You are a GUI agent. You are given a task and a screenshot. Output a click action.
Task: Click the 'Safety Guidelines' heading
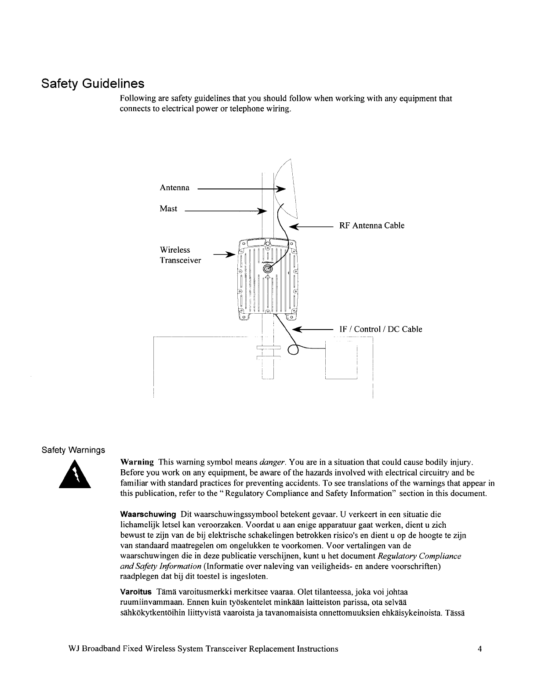point(92,83)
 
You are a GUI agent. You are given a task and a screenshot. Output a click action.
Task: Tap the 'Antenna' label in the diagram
point(174,188)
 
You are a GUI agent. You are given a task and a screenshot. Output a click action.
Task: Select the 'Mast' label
point(168,209)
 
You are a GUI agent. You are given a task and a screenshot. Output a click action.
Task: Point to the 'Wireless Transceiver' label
point(180,255)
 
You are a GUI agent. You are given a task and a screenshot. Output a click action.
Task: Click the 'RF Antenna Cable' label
point(371,226)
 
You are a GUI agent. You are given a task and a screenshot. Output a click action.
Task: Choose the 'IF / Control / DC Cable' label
point(381,329)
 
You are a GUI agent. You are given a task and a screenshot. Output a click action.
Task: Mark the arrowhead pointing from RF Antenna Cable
point(293,227)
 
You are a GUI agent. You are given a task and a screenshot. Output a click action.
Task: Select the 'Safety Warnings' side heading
point(73,450)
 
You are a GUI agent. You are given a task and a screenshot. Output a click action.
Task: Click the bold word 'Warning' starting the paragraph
point(137,462)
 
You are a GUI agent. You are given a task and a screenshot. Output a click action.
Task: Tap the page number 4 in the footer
point(480,649)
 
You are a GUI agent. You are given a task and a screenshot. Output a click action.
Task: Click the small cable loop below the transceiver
point(293,349)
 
